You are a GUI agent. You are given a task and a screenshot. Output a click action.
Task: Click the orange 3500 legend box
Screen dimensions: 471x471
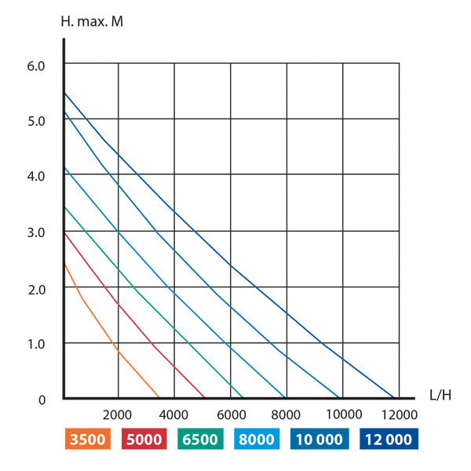point(89,440)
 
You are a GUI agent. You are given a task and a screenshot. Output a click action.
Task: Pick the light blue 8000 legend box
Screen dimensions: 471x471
point(257,440)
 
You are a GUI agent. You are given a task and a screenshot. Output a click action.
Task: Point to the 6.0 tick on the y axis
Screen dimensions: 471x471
point(37,65)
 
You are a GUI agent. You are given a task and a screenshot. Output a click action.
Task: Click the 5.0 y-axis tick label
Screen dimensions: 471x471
point(37,121)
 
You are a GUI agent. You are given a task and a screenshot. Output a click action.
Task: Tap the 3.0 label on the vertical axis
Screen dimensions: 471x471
point(37,232)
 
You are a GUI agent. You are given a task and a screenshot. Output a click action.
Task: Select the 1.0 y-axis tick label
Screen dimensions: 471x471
point(37,344)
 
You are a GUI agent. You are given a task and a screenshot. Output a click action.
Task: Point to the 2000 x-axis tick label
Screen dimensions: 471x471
point(118,414)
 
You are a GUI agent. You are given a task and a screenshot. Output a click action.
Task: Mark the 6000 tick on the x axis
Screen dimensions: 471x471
point(230,414)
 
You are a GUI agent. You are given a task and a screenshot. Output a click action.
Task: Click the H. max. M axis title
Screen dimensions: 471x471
point(91,20)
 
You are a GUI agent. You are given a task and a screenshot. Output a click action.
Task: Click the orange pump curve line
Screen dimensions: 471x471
point(118,351)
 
